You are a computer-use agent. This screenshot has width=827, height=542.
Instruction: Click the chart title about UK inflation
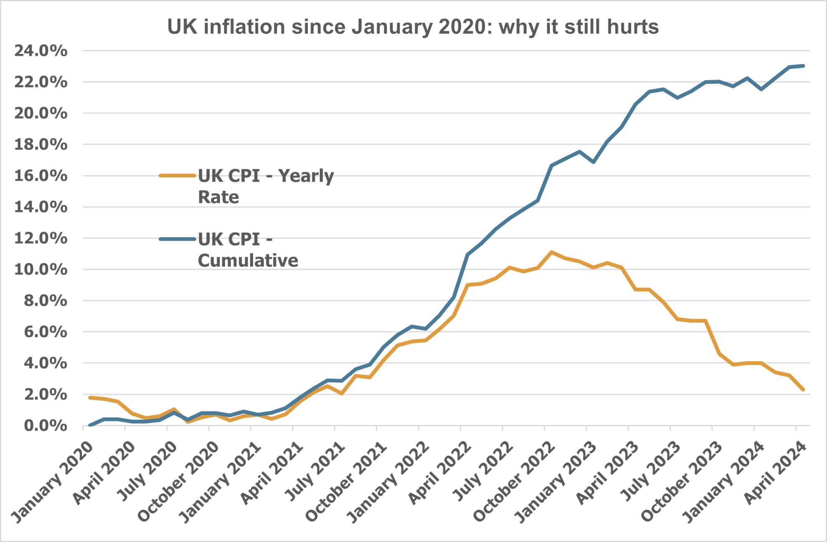click(x=413, y=27)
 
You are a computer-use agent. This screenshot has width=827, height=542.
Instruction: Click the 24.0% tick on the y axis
click(x=41, y=51)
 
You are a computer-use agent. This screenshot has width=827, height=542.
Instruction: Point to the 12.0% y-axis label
click(x=41, y=238)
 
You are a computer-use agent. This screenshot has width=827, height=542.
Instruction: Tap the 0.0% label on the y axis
click(x=45, y=426)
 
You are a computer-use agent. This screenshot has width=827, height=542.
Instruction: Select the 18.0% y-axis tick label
click(x=41, y=145)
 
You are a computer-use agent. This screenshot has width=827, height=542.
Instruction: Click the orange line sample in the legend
click(x=178, y=176)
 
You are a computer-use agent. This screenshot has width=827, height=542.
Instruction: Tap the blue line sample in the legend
click(x=178, y=239)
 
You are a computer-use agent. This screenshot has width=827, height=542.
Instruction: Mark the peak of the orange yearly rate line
click(x=552, y=252)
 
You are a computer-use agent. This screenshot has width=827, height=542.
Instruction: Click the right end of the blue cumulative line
click(x=803, y=66)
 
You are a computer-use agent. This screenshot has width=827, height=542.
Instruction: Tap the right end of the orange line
click(x=803, y=389)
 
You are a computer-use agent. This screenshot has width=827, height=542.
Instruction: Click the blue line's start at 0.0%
click(x=90, y=425)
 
